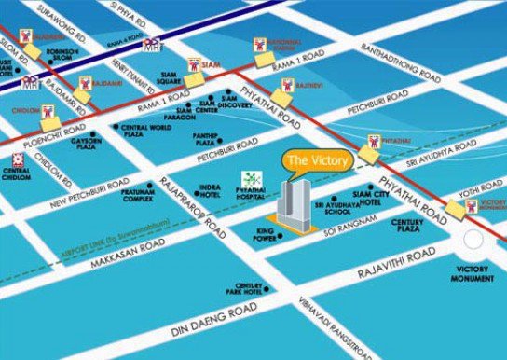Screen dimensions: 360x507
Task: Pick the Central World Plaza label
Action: [148, 130]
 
